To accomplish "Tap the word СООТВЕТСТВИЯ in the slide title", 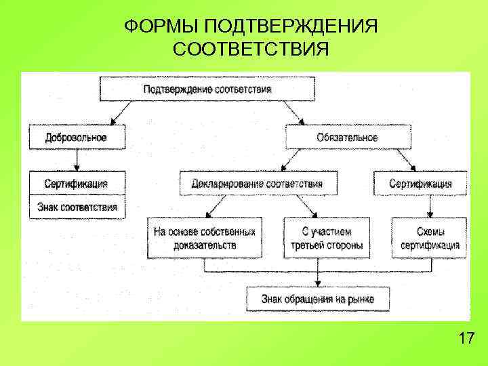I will coord(251,49).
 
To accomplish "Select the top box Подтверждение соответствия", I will coord(207,89).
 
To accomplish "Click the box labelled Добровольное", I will coord(77,137).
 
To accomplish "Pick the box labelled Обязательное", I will coord(348,138).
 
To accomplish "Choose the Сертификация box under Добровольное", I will coord(77,183).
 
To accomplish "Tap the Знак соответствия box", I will coord(77,207).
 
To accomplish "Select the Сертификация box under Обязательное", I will coord(421,183).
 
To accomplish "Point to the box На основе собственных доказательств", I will coord(204,238).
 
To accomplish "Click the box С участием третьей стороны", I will coord(327,238).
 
